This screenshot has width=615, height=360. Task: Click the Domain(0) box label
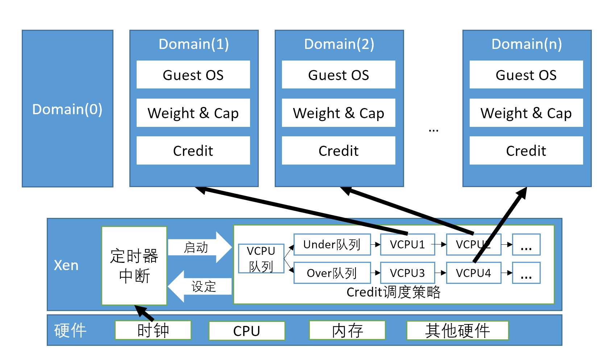pos(67,109)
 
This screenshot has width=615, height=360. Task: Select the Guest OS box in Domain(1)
pos(193,75)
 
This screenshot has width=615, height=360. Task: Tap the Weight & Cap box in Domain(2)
pos(338,113)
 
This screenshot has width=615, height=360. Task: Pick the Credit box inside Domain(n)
pos(526,150)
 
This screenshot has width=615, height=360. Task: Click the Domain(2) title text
pos(339,44)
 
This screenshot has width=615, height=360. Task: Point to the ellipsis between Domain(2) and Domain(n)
pos(433,129)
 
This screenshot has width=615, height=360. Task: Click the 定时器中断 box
pos(134,266)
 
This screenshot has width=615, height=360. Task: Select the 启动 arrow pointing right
pos(199,247)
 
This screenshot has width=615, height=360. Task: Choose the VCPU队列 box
pos(261,258)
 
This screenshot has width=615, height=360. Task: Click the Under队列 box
pos(332,245)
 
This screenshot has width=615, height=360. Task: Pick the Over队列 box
pos(332,273)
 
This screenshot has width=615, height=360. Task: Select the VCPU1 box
pos(407,245)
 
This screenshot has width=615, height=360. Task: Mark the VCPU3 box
pos(407,273)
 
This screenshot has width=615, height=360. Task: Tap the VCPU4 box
pos(473,273)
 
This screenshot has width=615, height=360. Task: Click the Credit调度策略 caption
pos(393,292)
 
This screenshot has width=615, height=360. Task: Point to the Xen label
pos(66,265)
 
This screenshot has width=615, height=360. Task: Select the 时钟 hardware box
pos(153,330)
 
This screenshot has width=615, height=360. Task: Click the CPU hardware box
pos(246,331)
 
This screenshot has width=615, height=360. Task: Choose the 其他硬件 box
pos(457,330)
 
